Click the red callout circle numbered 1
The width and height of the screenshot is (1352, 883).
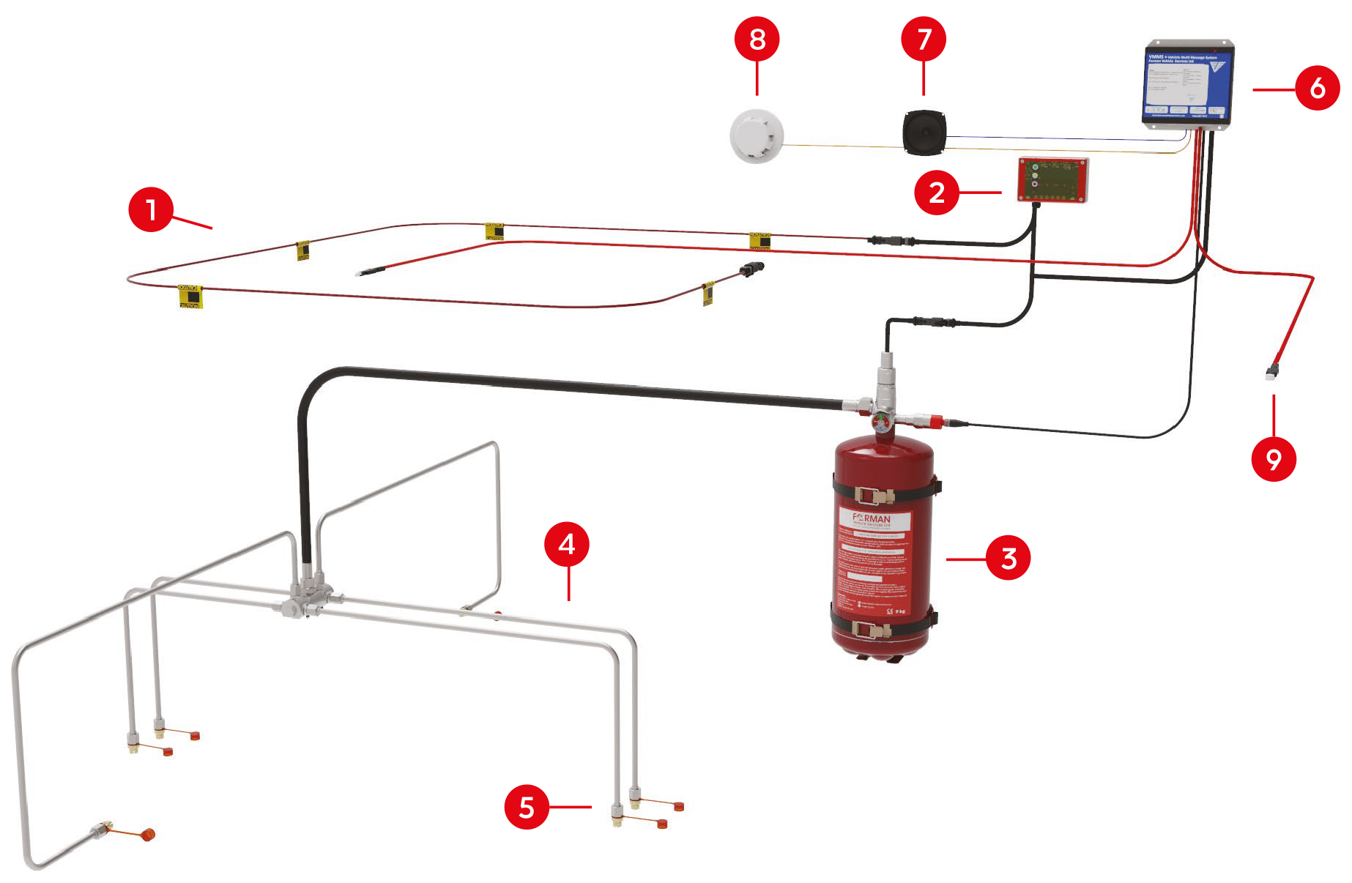click(151, 209)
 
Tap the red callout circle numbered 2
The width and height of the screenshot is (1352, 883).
click(937, 193)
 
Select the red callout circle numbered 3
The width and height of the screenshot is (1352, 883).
click(1009, 558)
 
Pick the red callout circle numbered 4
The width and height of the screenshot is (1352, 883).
click(567, 544)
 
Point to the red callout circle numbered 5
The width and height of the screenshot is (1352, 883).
click(527, 807)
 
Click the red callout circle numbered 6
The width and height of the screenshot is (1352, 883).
click(1318, 88)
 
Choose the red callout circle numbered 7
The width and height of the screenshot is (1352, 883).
click(924, 39)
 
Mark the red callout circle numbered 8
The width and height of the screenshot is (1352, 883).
click(757, 39)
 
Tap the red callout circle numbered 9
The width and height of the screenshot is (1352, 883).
click(1274, 459)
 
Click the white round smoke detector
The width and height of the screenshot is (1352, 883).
click(757, 136)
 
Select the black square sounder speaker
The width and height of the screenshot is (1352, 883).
click(924, 133)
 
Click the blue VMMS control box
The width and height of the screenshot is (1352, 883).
click(1188, 84)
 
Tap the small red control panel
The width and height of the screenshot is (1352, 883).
click(1052, 180)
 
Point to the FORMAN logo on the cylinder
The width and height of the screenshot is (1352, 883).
click(872, 519)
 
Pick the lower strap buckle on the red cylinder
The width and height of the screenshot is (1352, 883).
click(872, 628)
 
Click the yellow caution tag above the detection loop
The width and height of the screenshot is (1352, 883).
click(494, 232)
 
